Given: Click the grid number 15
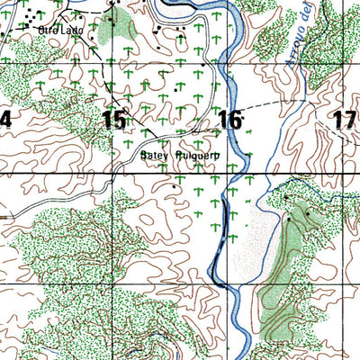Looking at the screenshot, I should tap(114, 119).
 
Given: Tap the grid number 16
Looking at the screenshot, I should tap(229, 119).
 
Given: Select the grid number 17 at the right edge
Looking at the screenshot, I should tap(344, 119).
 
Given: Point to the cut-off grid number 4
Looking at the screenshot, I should tap(5, 119).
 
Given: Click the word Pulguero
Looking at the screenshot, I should tap(198, 154).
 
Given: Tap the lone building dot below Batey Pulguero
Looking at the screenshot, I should tap(174, 185).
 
